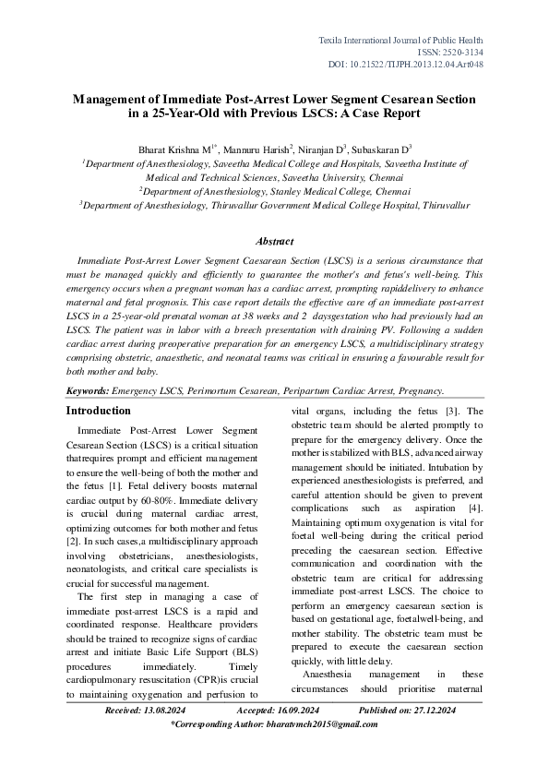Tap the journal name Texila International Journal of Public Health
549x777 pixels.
tap(400, 42)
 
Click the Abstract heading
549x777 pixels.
tap(274, 242)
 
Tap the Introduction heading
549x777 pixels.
tap(106, 411)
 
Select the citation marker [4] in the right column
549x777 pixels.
tap(474, 508)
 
